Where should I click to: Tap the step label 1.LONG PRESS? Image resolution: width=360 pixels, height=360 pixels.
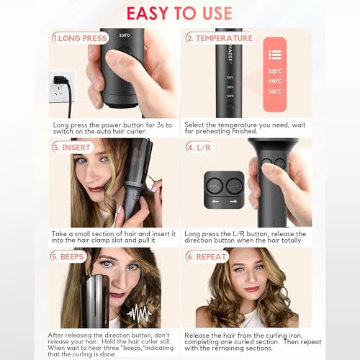81,37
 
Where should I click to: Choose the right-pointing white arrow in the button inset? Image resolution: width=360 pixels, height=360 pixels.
233,202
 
